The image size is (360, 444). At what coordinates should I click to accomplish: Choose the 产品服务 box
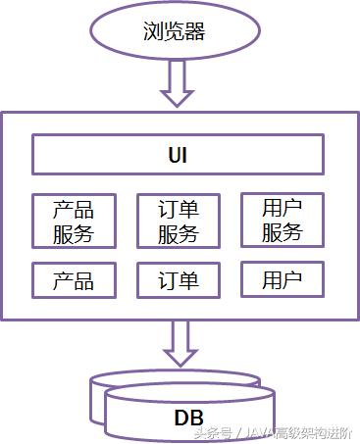(74, 221)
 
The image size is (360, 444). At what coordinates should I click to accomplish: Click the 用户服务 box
(283, 221)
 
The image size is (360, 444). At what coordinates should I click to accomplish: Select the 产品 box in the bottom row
(74, 280)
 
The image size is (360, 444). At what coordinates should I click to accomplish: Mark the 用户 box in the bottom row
(283, 280)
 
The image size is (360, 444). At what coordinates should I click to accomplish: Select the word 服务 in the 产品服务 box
(74, 233)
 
